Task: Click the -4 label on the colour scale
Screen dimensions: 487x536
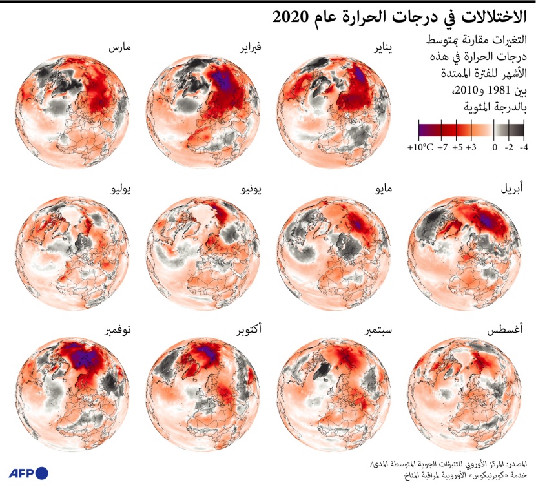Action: (x=524, y=148)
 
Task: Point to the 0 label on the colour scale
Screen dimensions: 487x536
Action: (x=494, y=148)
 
